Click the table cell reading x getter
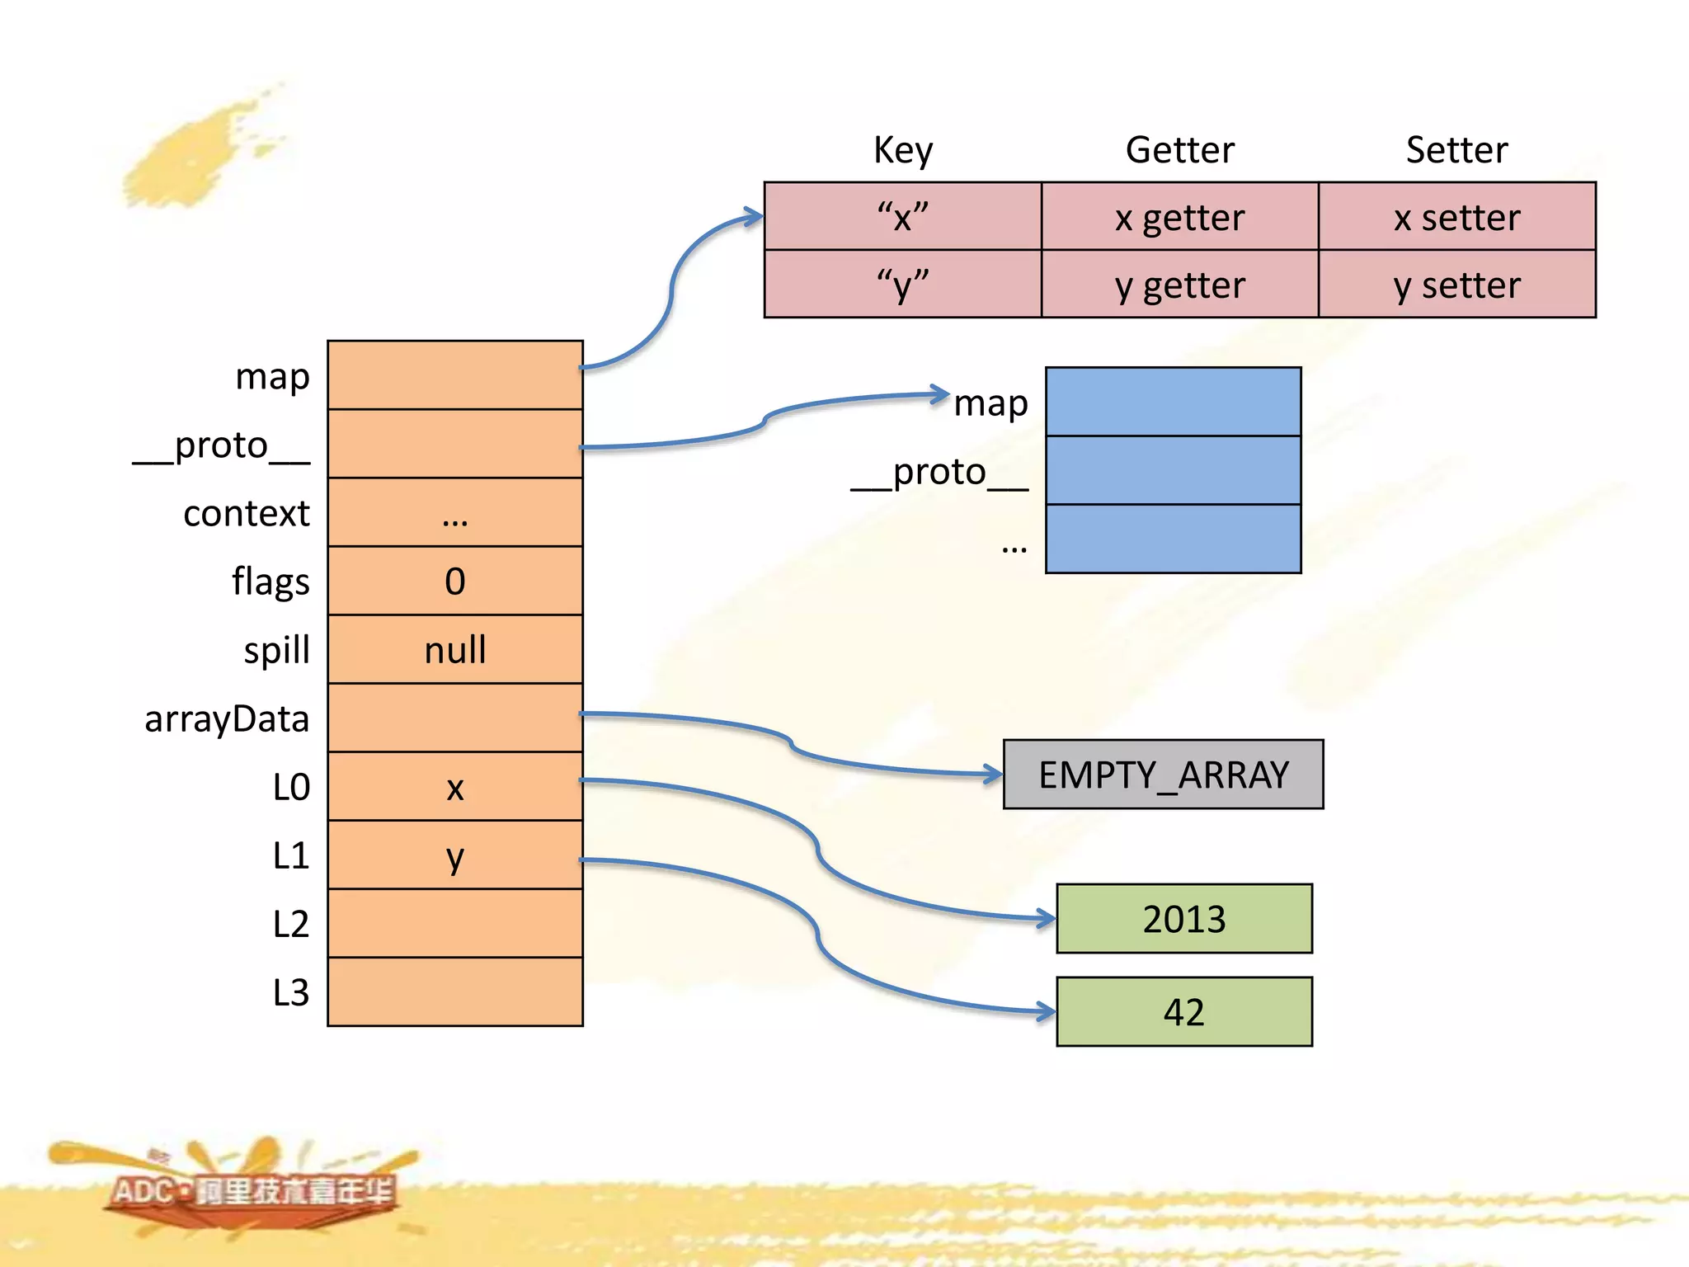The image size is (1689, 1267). click(1179, 217)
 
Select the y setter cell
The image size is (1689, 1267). click(1456, 285)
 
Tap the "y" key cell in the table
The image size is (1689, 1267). click(902, 285)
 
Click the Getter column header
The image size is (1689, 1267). click(1179, 150)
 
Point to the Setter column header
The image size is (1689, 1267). click(1456, 150)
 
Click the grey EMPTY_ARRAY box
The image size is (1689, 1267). click(1163, 775)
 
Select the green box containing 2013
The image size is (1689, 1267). click(1183, 919)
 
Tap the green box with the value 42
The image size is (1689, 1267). click(1183, 1012)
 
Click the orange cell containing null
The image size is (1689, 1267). click(455, 649)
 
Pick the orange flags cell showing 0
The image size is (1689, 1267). click(455, 581)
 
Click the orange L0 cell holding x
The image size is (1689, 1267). click(455, 786)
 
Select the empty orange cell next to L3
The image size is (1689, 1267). click(455, 991)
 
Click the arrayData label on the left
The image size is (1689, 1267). click(227, 718)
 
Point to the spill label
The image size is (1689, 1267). click(276, 650)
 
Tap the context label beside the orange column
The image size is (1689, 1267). click(246, 513)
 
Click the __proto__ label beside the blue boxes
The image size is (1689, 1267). click(939, 473)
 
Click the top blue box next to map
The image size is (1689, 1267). click(1173, 402)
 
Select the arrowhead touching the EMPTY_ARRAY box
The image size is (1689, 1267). click(994, 774)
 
